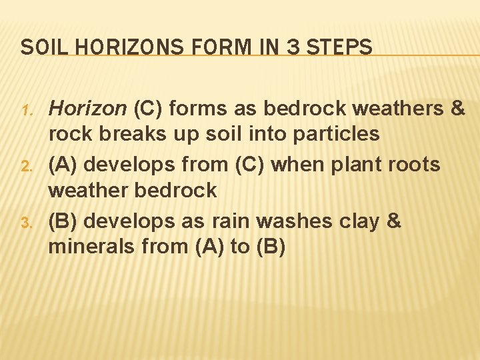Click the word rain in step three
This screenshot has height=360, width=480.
click(x=234, y=220)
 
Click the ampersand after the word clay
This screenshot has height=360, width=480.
click(x=393, y=220)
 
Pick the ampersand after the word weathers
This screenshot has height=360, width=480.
click(x=457, y=108)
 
